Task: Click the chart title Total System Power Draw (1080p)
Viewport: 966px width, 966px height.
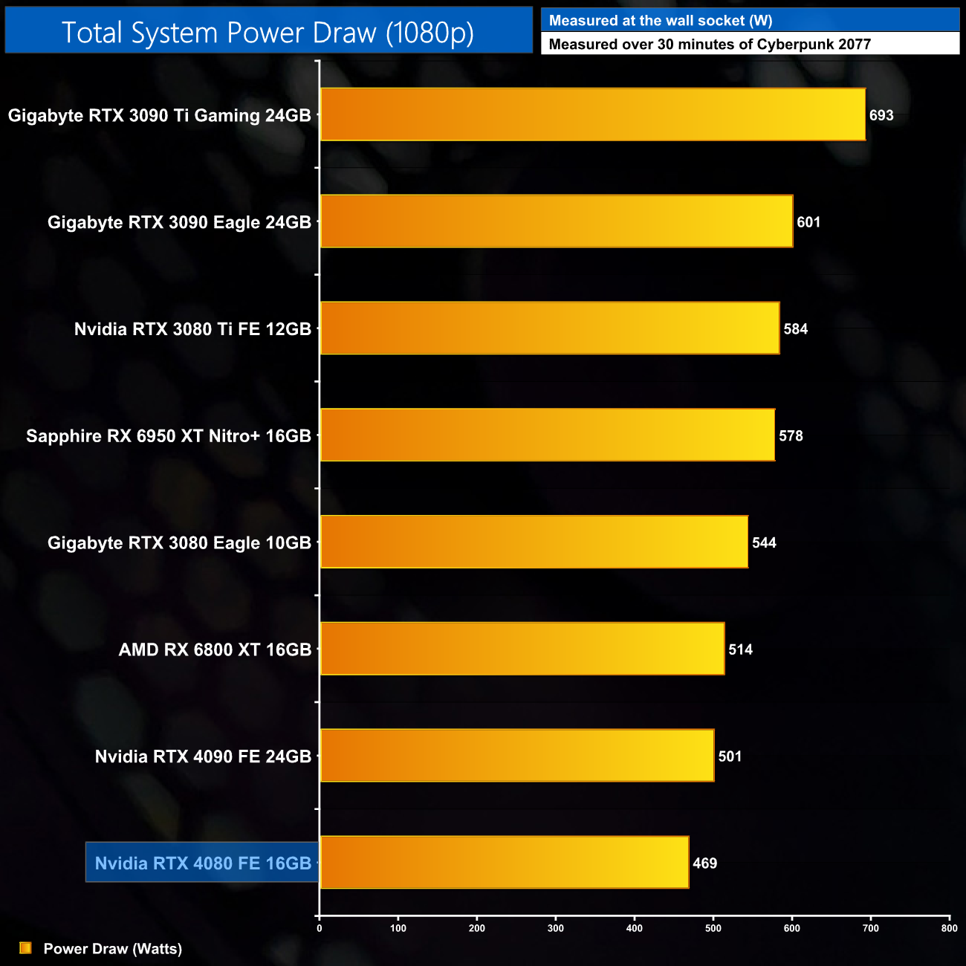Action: (268, 33)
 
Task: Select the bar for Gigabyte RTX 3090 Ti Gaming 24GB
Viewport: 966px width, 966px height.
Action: (592, 114)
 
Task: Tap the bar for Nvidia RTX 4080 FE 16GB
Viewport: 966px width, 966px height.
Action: (504, 862)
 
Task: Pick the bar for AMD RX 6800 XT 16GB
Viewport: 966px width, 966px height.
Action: (522, 649)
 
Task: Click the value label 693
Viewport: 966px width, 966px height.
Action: (881, 115)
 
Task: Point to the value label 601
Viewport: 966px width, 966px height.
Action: (808, 222)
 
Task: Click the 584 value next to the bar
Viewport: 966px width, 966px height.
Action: (795, 329)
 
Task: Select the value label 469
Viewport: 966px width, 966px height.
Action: (704, 863)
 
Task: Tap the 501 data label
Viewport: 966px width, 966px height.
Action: (730, 756)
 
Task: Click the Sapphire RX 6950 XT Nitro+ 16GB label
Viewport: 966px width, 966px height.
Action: (169, 436)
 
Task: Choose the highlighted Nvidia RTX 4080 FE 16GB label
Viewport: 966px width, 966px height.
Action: (203, 863)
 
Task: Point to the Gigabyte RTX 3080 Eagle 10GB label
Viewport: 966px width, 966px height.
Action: (179, 543)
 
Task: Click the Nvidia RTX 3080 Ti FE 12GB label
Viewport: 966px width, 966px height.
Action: (192, 329)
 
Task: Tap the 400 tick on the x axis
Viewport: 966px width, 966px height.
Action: (635, 928)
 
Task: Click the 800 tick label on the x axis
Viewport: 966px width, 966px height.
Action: (949, 928)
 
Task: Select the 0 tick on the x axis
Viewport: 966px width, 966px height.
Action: (320, 928)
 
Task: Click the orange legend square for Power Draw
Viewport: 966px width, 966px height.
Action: (25, 948)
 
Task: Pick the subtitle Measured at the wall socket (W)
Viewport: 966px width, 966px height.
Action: (660, 21)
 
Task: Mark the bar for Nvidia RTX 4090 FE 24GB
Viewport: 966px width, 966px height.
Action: (516, 756)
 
